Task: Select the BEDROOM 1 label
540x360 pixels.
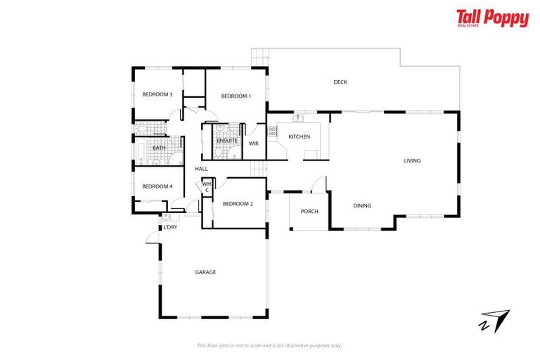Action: coord(236,96)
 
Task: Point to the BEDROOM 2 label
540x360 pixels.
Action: coord(237,204)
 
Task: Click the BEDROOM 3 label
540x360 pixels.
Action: coord(157,94)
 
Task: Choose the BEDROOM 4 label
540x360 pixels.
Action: coord(157,186)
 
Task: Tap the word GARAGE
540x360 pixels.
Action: coord(205,272)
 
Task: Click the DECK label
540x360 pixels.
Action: coord(340,82)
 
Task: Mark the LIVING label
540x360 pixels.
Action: coord(412,161)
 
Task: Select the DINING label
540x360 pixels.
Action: coord(362,205)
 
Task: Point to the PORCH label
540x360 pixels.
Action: coord(309,211)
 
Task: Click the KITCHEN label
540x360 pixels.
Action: coord(299,136)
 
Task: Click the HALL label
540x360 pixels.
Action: coord(201,169)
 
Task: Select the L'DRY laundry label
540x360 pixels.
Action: coord(170,228)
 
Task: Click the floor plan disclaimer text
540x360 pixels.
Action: coord(269,345)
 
